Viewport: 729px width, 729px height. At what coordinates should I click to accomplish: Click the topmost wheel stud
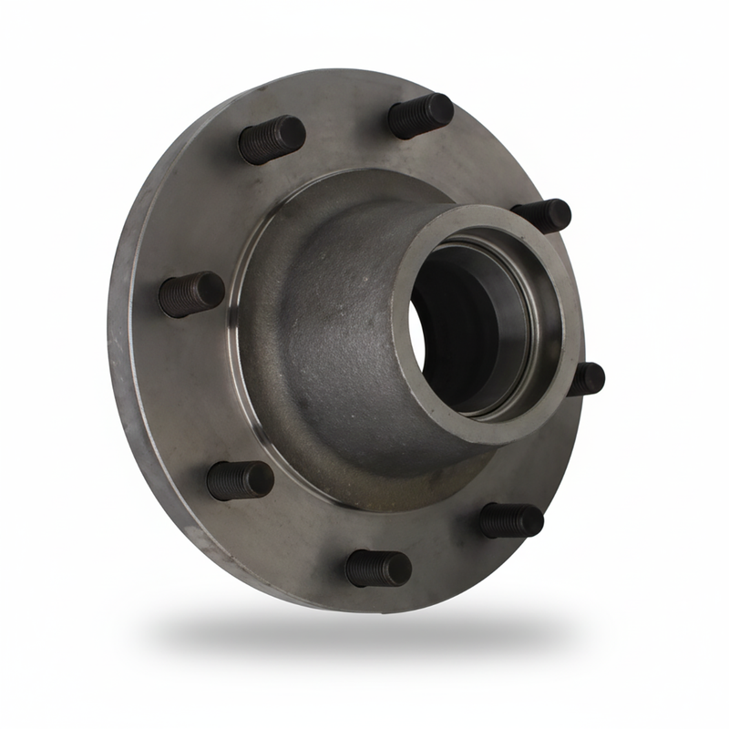pyautogui.click(x=421, y=116)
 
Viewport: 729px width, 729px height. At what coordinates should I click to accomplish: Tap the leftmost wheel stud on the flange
pyautogui.click(x=191, y=293)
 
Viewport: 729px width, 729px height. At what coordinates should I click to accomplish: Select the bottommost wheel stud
pyautogui.click(x=378, y=569)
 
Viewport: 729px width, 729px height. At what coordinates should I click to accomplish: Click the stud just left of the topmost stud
pyautogui.click(x=272, y=139)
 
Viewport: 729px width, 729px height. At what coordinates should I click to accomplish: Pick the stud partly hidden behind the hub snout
pyautogui.click(x=545, y=215)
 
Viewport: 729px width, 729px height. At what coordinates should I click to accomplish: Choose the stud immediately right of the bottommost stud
pyautogui.click(x=511, y=520)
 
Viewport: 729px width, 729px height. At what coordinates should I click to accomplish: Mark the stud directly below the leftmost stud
pyautogui.click(x=240, y=479)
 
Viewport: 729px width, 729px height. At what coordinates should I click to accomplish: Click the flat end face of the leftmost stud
pyautogui.click(x=211, y=291)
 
